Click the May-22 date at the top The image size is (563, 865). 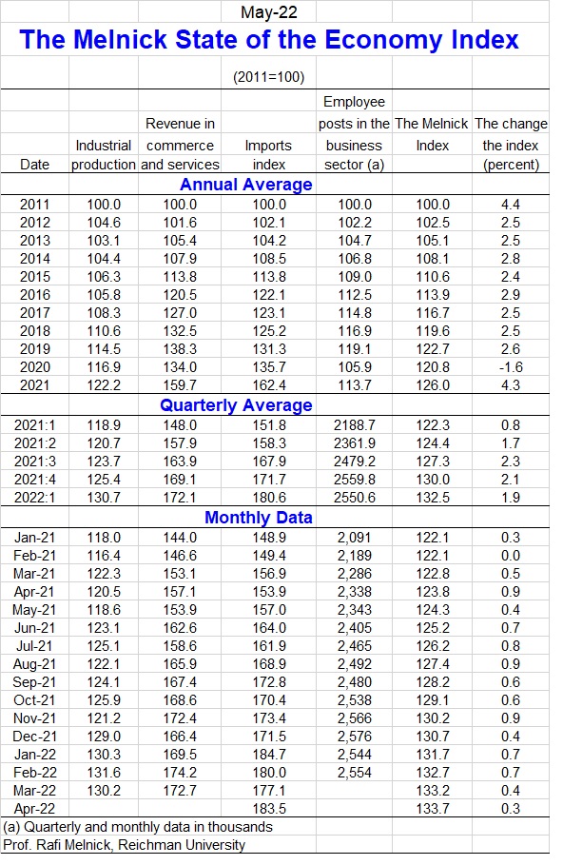click(268, 12)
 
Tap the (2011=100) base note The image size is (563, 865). click(268, 77)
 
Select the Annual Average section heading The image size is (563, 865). click(246, 185)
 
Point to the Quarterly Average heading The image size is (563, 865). click(236, 405)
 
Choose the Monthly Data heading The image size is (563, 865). click(259, 518)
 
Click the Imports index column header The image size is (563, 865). click(268, 155)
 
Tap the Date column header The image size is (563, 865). click(34, 165)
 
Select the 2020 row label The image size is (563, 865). click(35, 367)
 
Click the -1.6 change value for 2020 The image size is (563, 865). click(511, 367)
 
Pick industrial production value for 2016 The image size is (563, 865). click(104, 295)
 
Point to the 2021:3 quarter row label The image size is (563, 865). click(35, 462)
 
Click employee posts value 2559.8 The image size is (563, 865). click(355, 480)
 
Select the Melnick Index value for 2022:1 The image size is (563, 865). click(433, 498)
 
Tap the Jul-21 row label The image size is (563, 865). click(33, 646)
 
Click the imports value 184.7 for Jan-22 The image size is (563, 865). click(269, 755)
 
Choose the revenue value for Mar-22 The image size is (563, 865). click(180, 791)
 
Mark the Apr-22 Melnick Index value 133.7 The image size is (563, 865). click(433, 809)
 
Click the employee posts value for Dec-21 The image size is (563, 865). click(355, 737)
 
